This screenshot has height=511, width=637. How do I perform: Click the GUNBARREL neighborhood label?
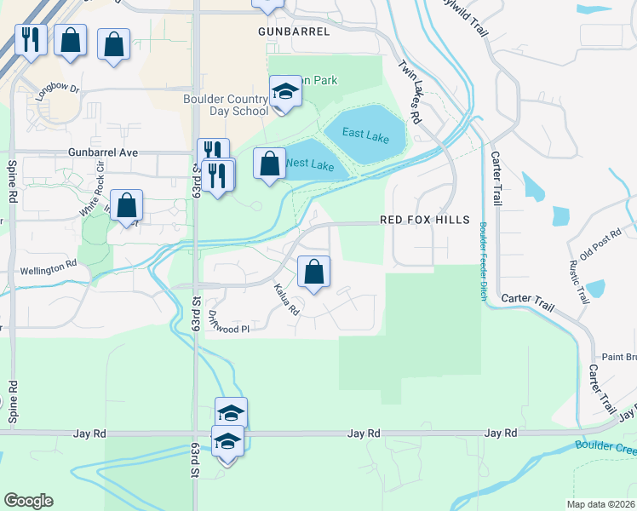pyautogui.click(x=293, y=31)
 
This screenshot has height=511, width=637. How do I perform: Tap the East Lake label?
pyautogui.click(x=364, y=133)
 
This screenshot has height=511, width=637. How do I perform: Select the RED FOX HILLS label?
pyautogui.click(x=424, y=220)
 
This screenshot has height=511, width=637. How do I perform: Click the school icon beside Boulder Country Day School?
pyautogui.click(x=285, y=92)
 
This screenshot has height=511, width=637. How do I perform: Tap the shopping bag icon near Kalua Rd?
pyautogui.click(x=314, y=273)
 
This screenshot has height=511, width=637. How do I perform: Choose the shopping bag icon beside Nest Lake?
pyautogui.click(x=270, y=164)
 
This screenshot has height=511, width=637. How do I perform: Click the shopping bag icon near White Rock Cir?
pyautogui.click(x=126, y=205)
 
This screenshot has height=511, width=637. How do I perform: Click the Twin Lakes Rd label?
pyautogui.click(x=411, y=91)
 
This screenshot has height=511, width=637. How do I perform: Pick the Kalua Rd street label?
pyautogui.click(x=286, y=300)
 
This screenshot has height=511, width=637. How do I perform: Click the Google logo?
pyautogui.click(x=28, y=501)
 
